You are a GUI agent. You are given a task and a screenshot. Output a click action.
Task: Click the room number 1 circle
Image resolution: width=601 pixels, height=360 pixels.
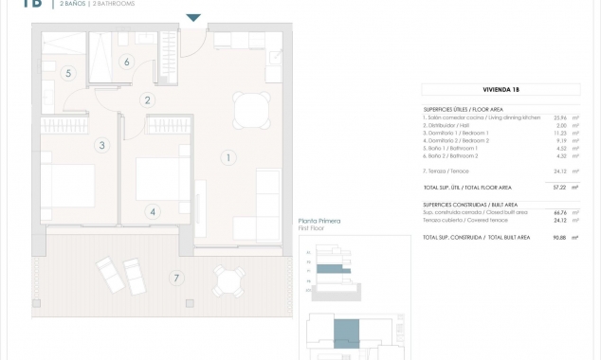228,158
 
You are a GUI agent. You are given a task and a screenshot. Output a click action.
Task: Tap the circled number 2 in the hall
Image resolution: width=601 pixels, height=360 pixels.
147,99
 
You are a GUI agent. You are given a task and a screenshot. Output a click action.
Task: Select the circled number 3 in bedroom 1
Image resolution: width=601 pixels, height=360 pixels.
101,145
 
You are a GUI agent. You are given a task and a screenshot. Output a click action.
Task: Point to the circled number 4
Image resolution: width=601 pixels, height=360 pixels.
153,211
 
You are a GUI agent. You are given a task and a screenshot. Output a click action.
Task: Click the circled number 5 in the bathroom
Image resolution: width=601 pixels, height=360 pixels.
68,73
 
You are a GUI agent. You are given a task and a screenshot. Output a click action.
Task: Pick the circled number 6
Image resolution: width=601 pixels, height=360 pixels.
126,63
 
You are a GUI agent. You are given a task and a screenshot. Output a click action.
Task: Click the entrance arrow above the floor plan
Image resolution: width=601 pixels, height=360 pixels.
193,17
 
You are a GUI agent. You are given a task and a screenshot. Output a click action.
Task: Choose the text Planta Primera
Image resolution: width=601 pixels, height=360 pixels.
318,221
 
